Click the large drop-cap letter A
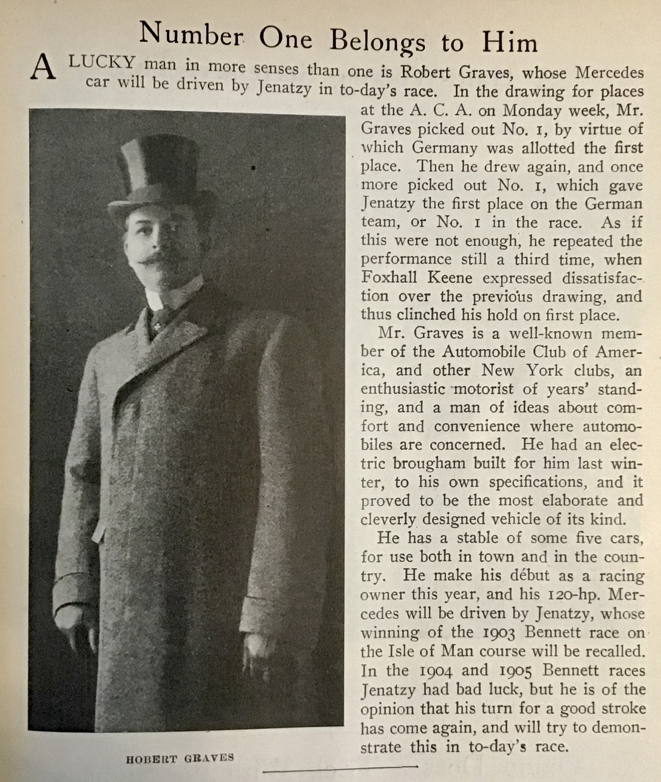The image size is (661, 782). pos(43,68)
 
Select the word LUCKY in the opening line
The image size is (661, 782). pos(101,63)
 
